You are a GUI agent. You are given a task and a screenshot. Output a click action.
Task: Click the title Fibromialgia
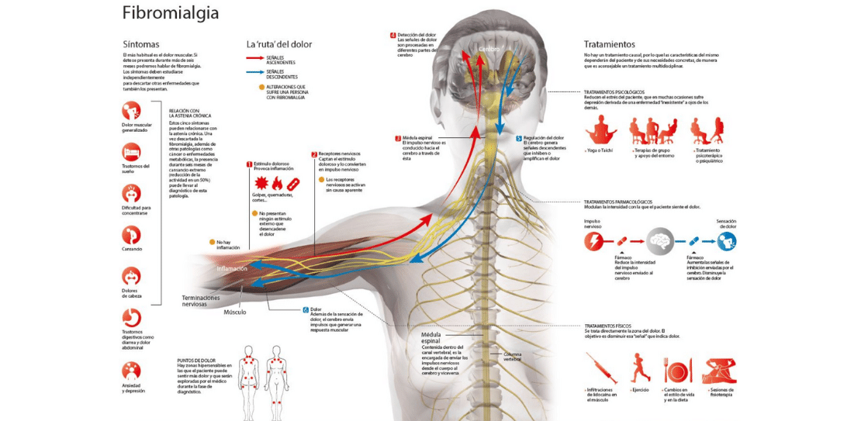tap(171, 13)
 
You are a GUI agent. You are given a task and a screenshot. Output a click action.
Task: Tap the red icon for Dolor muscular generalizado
tap(132, 111)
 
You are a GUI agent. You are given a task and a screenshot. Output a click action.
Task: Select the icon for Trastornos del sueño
tap(132, 151)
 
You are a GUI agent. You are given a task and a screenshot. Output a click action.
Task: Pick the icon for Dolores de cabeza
tap(132, 275)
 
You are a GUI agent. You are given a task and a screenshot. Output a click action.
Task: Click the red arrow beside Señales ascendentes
tap(261, 57)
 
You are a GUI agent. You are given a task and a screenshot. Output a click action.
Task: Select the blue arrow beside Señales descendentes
tap(261, 72)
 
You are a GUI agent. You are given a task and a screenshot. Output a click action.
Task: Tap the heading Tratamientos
tap(609, 44)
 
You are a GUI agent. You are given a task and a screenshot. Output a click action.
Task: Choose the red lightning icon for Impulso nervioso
tap(595, 241)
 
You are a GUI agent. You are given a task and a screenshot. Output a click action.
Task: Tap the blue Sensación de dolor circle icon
tap(727, 241)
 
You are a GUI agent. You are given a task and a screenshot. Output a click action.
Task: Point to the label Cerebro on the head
tap(489, 49)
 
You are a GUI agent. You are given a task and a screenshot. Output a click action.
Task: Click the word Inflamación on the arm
tap(232, 268)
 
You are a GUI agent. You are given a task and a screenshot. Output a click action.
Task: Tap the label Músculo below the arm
tap(235, 312)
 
